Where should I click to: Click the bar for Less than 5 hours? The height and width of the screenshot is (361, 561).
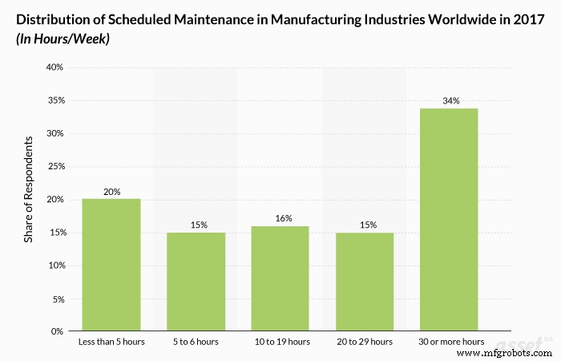point(111,265)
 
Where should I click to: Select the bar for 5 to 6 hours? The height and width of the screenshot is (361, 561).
point(196,282)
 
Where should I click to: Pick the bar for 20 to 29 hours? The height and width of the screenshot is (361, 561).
point(364,282)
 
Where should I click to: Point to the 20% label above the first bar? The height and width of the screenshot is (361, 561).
point(111,192)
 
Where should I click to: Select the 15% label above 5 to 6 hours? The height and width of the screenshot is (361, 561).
point(196,225)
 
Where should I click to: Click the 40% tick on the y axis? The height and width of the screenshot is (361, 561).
point(53,67)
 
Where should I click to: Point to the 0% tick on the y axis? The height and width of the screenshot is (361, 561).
point(56,331)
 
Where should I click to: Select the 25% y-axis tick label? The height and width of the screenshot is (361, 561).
point(53,167)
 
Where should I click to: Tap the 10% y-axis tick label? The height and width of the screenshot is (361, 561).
point(53,266)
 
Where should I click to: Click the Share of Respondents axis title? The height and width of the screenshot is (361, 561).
point(29,189)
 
